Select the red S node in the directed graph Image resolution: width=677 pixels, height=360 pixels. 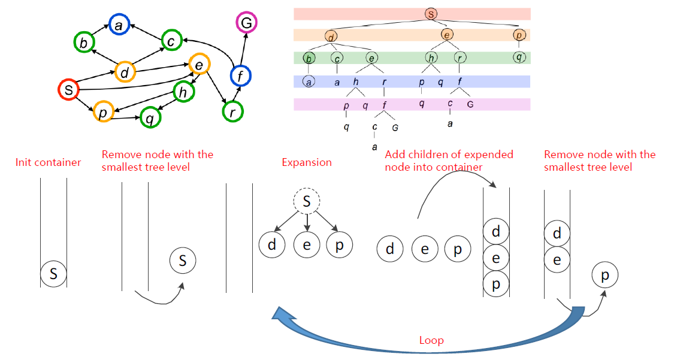(69, 90)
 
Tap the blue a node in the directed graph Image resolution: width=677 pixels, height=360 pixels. (119, 25)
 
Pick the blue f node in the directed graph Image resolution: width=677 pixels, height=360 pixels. (241, 75)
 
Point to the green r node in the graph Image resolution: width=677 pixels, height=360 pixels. (231, 111)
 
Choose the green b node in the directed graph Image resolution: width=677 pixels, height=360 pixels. (84, 43)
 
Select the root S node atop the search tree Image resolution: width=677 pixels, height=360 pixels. (430, 13)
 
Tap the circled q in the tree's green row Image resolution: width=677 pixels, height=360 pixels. (519, 58)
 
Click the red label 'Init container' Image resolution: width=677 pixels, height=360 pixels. (49, 162)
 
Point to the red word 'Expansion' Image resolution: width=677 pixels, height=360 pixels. (307, 162)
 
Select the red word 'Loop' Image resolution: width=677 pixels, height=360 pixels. (431, 340)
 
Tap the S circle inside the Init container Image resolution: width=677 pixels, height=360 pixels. (53, 274)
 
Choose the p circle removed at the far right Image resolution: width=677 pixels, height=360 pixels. (605, 275)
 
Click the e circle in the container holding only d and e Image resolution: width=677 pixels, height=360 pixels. (557, 260)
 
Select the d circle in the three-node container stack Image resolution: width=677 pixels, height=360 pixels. (496, 231)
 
